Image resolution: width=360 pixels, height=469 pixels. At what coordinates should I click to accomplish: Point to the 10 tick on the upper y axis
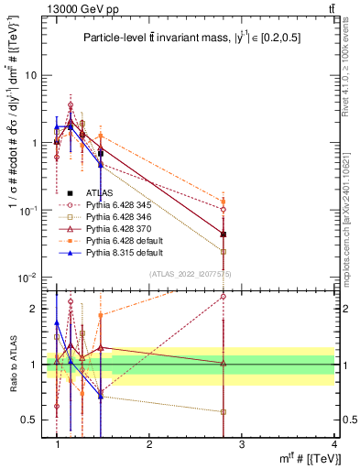pos(33,75)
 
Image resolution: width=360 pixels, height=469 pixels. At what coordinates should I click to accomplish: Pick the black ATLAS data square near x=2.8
pos(224,234)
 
